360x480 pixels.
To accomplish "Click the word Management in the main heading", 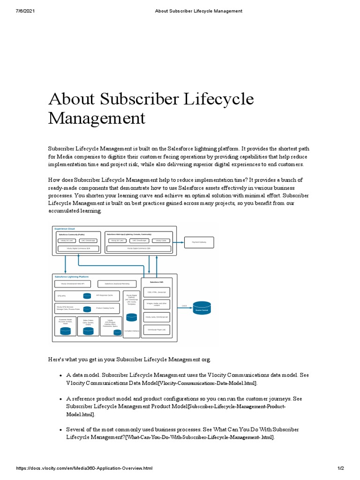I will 97,117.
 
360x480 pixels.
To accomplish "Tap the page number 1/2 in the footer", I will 341,468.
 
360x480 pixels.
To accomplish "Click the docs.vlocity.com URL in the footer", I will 84,468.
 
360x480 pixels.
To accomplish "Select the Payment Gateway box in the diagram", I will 199,242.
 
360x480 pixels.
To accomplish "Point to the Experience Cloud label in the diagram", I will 65,229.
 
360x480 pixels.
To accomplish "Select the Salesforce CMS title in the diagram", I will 157,282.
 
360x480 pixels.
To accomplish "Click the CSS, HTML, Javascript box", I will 157,292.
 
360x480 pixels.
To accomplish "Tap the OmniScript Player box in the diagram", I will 157,330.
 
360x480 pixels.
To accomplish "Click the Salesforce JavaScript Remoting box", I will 117,284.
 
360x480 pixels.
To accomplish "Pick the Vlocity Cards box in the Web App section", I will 161,240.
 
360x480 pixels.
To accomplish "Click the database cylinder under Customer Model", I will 66,331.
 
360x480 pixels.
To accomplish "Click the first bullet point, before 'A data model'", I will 61,376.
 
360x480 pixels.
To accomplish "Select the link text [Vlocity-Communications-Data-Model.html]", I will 208,383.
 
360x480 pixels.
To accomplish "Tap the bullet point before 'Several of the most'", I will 61,430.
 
